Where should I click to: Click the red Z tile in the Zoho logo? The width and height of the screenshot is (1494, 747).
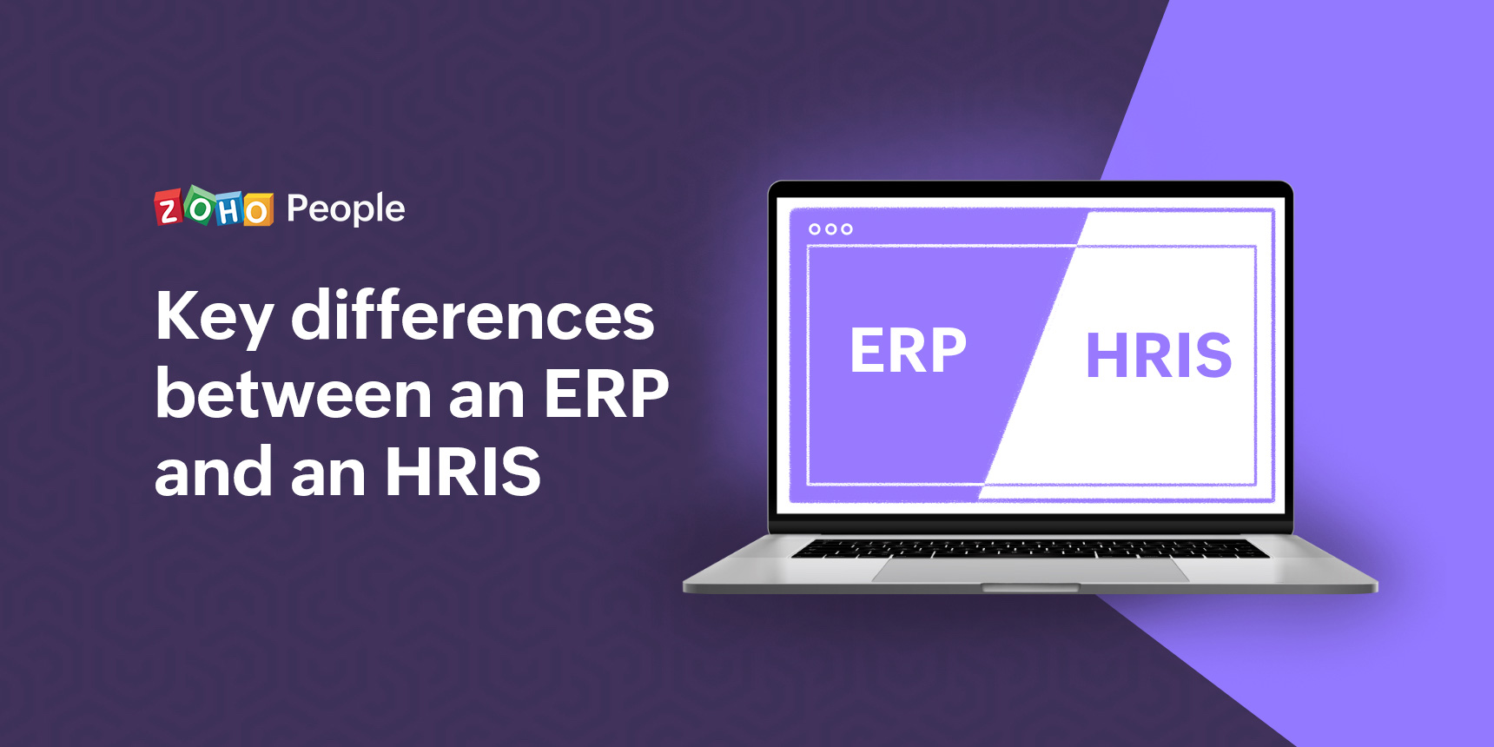[169, 208]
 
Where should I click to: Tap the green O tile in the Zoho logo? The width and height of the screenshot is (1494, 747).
[201, 206]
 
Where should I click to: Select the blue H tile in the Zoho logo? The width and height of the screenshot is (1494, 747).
[229, 208]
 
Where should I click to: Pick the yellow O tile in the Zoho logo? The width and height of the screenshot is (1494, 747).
[258, 210]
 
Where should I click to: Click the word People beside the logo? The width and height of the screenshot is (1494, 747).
[346, 209]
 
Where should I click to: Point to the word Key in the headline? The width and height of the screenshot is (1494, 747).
[215, 319]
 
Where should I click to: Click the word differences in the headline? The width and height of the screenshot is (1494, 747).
[473, 314]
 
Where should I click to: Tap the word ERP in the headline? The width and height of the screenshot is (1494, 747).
[606, 394]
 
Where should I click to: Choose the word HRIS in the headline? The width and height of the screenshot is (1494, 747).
[463, 473]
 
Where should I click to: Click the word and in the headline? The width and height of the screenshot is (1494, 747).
[214, 471]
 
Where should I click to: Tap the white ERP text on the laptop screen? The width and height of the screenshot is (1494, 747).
[908, 351]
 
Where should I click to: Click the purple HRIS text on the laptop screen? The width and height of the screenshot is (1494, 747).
[1159, 356]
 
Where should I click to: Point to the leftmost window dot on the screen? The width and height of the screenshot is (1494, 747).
[815, 229]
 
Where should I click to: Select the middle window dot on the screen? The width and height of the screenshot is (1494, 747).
[830, 229]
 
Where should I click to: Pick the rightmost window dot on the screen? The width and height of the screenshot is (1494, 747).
[847, 229]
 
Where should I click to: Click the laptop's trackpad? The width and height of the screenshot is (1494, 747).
[1030, 570]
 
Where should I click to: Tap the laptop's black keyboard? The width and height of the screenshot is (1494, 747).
[1030, 547]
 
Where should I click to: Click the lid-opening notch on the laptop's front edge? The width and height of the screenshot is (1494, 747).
[1030, 588]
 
